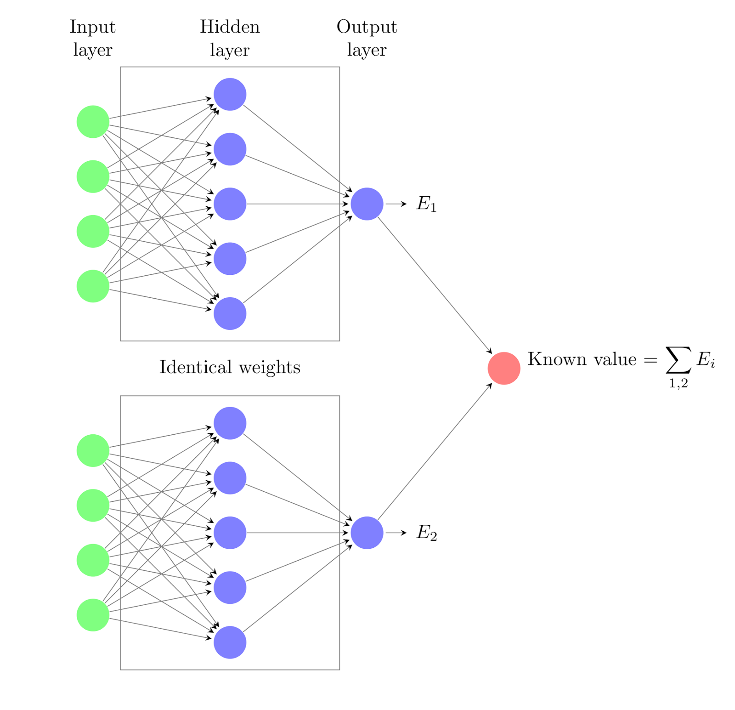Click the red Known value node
503,368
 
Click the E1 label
426,204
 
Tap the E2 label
426,533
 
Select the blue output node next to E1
367,204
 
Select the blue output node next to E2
367,533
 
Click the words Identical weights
230,367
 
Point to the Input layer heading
92,38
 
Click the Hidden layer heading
230,38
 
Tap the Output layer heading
367,38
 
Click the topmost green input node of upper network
93,122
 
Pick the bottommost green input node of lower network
93,615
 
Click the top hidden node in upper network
230,94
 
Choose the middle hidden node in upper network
230,204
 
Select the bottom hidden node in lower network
230,642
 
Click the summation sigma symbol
678,360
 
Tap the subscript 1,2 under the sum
678,383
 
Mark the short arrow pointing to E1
396,204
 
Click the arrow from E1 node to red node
434,285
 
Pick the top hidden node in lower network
230,423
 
